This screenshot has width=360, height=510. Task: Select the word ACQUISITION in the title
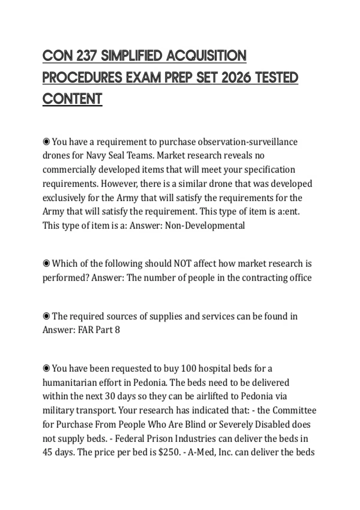point(206,56)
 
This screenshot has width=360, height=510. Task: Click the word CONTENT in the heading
point(72,99)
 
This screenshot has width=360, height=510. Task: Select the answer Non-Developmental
point(205,225)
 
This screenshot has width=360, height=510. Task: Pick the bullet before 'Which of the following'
point(46,263)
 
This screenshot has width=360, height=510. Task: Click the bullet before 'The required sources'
point(46,316)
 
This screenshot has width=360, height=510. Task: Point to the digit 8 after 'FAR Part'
point(117,330)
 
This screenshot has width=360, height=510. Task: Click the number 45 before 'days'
point(47,452)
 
